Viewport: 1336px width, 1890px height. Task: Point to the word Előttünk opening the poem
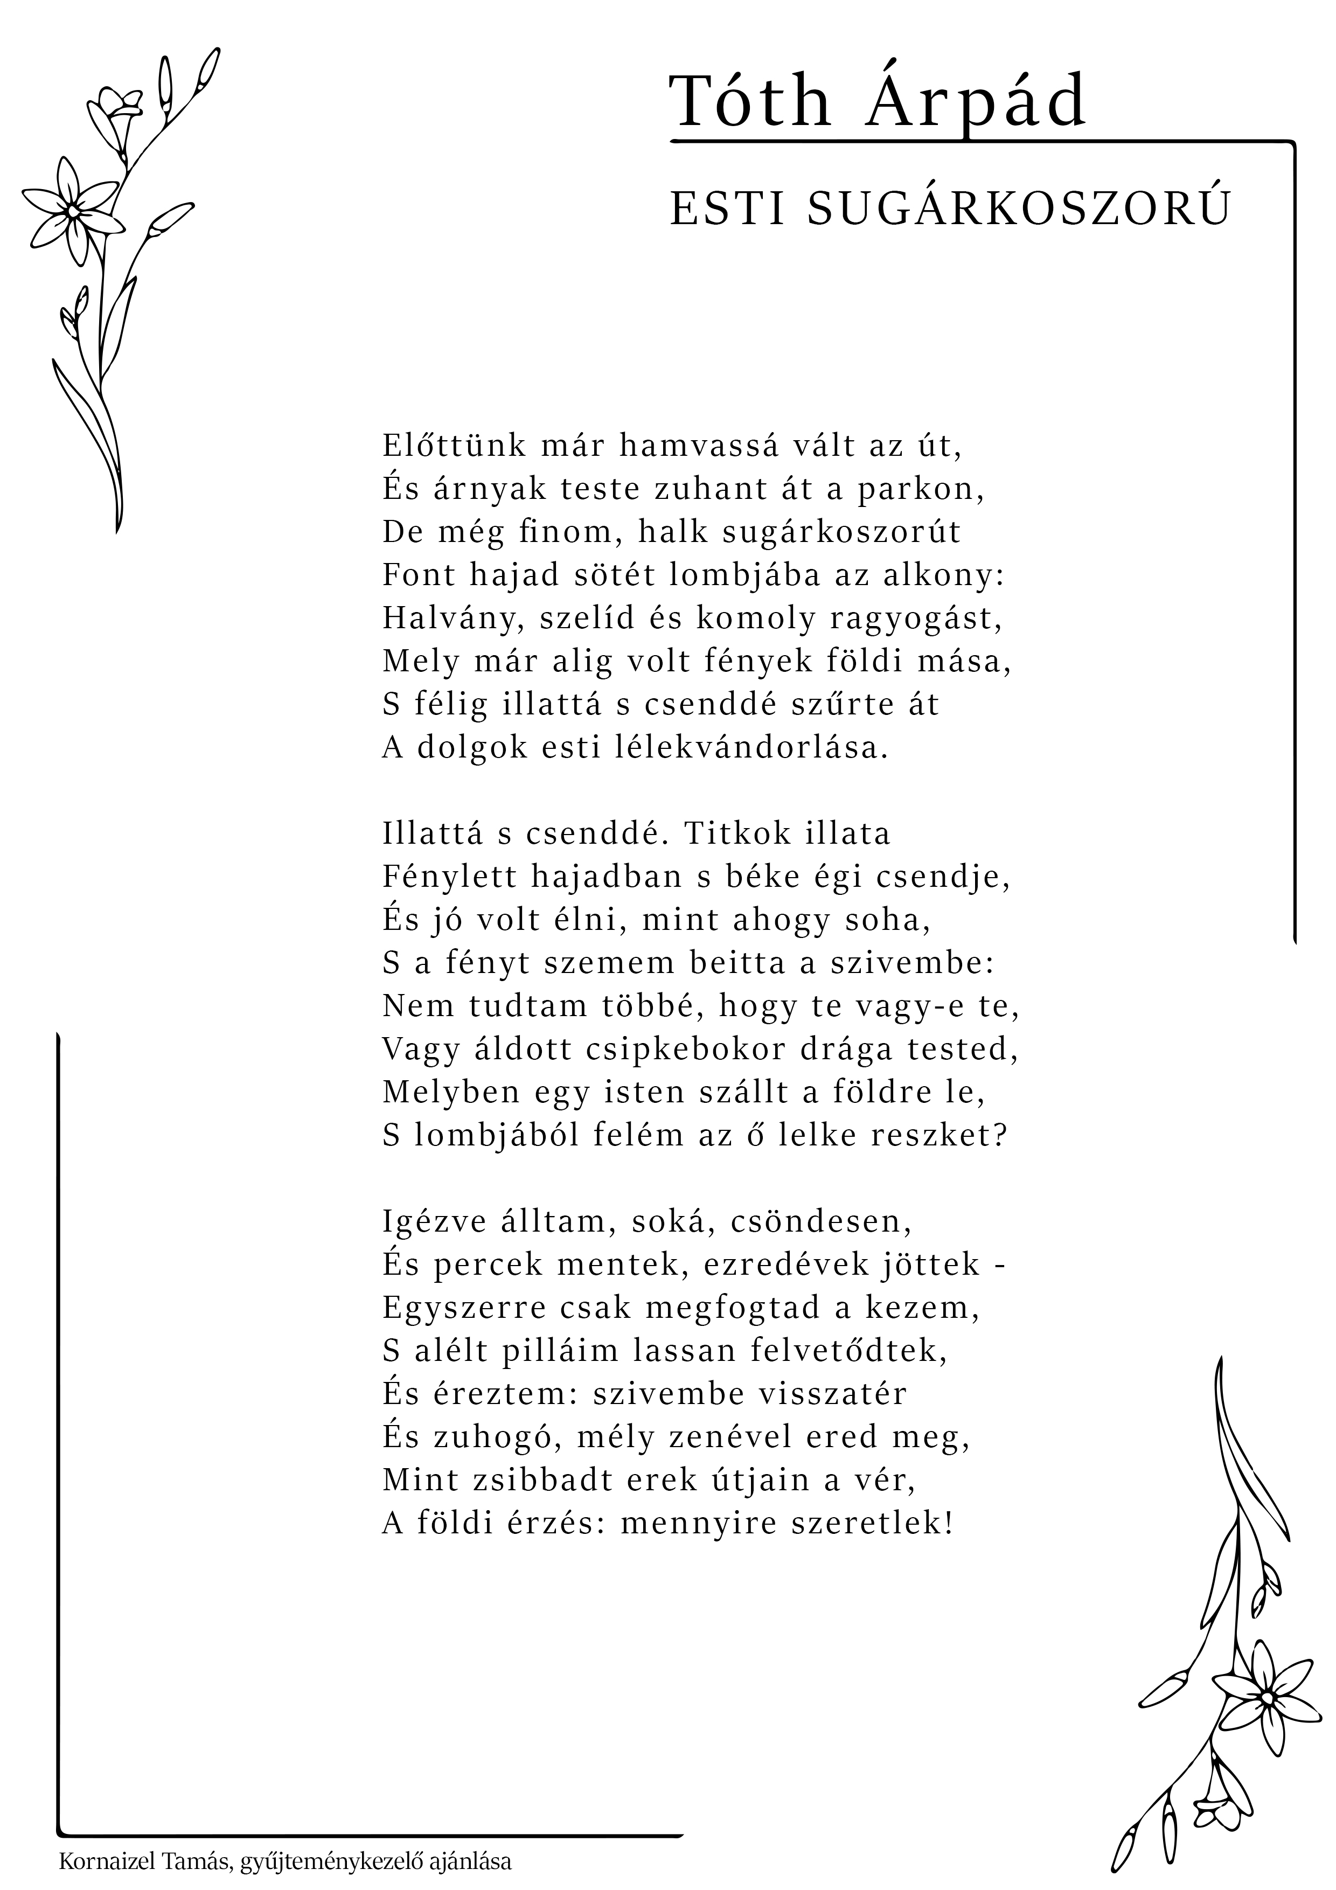click(454, 446)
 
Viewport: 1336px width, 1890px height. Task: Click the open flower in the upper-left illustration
click(72, 211)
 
